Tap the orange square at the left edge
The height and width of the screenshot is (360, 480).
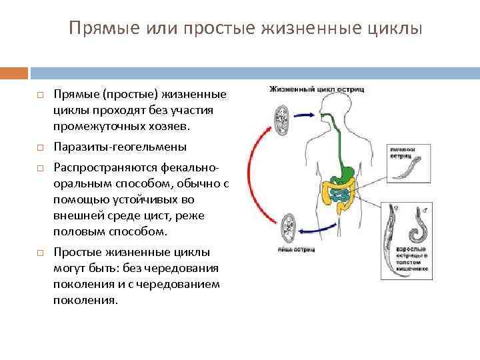(x=14, y=72)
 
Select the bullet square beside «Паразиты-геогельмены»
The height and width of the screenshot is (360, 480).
(x=40, y=147)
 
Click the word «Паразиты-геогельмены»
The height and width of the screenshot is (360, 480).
(x=120, y=147)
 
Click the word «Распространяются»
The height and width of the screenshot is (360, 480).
(x=99, y=168)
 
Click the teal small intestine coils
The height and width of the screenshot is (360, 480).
(x=340, y=194)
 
